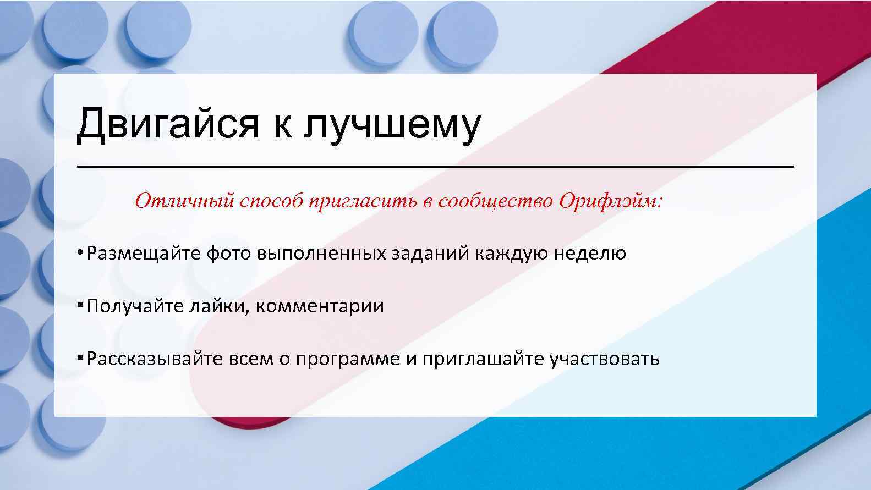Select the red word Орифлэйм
(611, 201)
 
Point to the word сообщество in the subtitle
(495, 201)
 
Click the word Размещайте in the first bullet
(144, 254)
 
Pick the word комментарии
(320, 306)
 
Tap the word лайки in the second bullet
(217, 306)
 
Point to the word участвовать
(604, 359)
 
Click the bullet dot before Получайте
(80, 305)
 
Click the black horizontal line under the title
(435, 167)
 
